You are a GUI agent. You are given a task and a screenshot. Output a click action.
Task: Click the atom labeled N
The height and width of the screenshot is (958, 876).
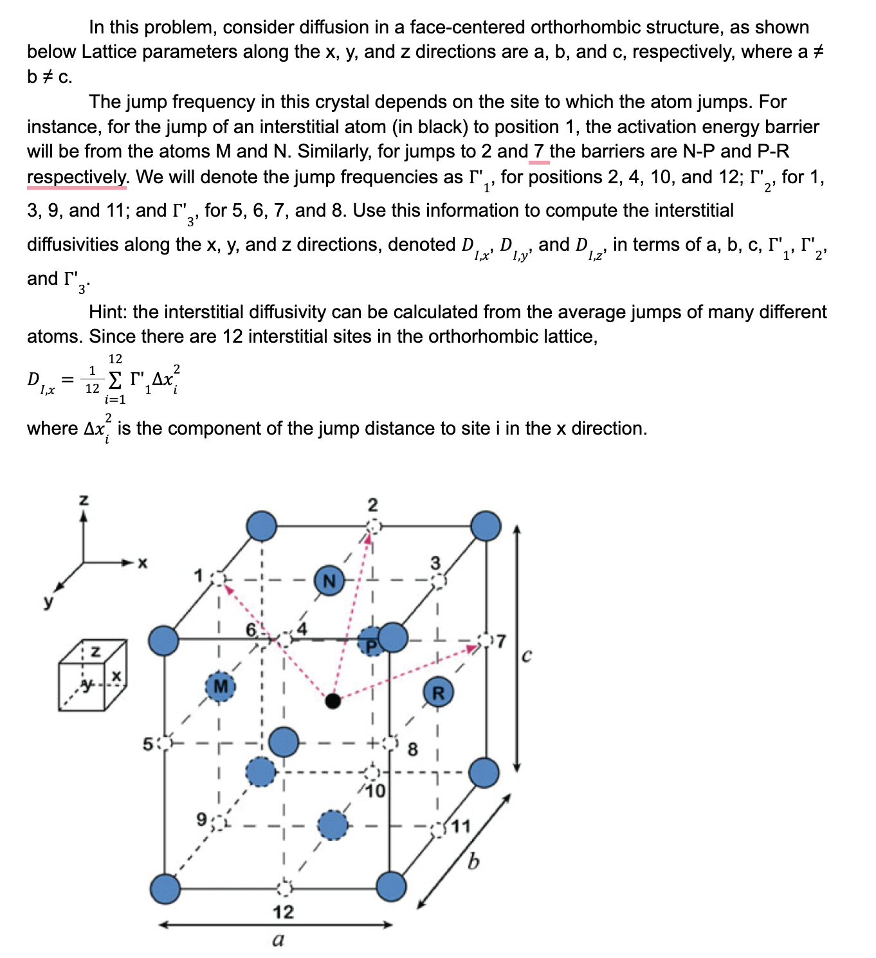coord(329,581)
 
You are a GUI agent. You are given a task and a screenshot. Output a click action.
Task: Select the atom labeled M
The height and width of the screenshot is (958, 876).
coord(220,686)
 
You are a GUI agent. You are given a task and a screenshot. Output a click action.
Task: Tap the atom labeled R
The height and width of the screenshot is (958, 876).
coord(438,692)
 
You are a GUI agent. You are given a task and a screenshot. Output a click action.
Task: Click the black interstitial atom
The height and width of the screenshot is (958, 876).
coord(333,700)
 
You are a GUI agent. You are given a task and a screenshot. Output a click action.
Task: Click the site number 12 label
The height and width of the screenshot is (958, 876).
coord(283,912)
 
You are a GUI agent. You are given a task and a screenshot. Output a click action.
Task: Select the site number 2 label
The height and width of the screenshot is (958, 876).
coord(372,505)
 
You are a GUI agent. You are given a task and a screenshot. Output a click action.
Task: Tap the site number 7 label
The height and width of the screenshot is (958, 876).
coord(500,641)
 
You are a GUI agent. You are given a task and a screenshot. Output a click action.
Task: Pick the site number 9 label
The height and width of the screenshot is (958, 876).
coord(202,819)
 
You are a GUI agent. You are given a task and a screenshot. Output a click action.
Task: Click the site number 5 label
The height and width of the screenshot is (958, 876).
coord(147,745)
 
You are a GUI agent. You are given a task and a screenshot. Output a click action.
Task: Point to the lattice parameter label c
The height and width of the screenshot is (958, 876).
coord(526,656)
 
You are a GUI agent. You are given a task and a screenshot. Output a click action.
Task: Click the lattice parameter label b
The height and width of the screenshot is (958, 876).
coord(473,860)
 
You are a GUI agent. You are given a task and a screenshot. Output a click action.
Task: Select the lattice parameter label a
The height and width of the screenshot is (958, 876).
coord(278,940)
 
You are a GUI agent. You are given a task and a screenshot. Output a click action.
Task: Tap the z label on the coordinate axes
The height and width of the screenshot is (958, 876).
coord(83,499)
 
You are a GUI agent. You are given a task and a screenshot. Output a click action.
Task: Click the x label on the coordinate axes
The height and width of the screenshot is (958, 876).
coord(142,563)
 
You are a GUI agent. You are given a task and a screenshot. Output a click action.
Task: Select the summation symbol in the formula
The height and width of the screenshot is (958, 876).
coord(114,380)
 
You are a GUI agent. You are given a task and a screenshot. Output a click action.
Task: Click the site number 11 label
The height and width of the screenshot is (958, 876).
coord(461,826)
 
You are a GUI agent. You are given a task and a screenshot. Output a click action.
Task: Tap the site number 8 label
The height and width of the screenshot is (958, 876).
coord(412,749)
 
